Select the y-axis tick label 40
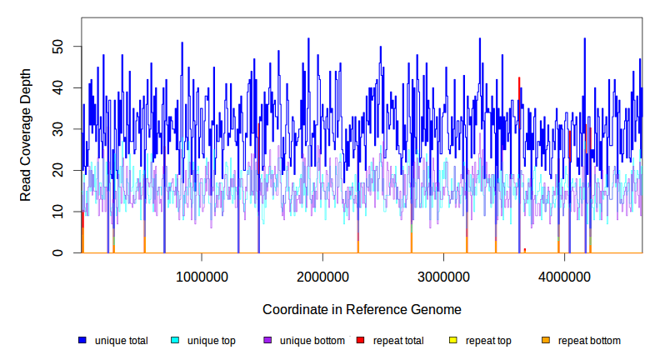coord(57,87)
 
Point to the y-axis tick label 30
coord(57,129)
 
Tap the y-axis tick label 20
coord(57,170)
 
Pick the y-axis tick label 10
coord(57,212)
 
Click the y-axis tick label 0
coord(57,252)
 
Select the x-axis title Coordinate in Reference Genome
coord(362,309)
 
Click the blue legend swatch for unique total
coord(82,341)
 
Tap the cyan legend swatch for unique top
coord(175,341)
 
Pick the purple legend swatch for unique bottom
coord(267,341)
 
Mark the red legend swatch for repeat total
coord(360,341)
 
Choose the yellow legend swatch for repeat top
coord(452,341)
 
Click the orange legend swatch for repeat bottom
coord(546,341)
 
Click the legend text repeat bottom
coord(589,341)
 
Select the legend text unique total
coord(122,341)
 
